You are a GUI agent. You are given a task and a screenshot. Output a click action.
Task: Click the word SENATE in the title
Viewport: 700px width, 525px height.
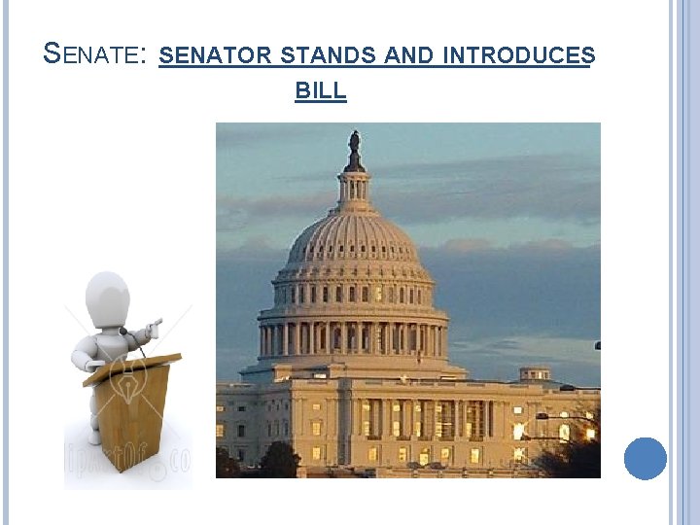pos(92,55)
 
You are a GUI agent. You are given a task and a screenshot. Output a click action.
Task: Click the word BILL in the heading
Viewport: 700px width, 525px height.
pos(320,91)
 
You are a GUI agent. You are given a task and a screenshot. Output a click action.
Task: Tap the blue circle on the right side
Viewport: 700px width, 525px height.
pos(645,458)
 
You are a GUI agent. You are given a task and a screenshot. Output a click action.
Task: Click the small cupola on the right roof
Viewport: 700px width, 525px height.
pos(534,372)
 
